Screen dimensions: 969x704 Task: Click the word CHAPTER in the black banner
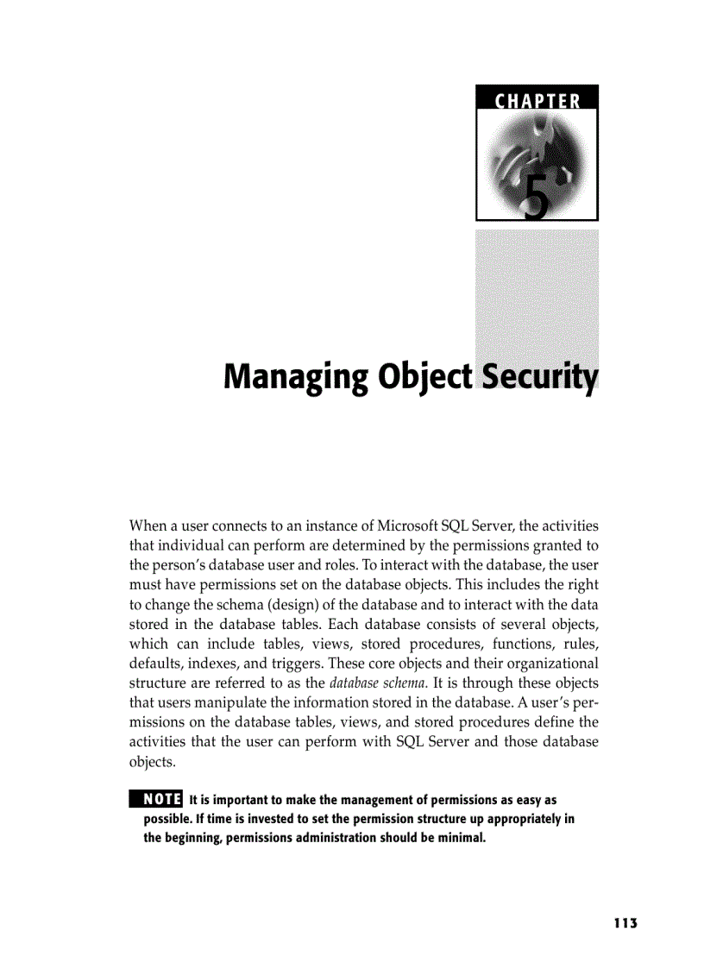pos(537,101)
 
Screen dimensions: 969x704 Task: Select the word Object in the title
pos(424,378)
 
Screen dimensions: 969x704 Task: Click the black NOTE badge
pos(155,797)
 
